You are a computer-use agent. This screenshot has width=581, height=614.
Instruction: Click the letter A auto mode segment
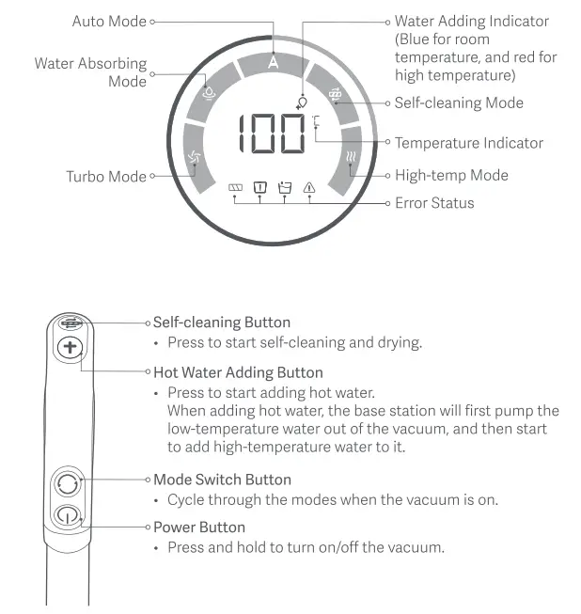pyautogui.click(x=273, y=63)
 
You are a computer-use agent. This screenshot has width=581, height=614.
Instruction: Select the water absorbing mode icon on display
pyautogui.click(x=210, y=94)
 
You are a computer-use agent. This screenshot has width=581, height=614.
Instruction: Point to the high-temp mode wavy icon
pyautogui.click(x=351, y=158)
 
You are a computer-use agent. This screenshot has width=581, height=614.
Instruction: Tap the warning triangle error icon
pyautogui.click(x=309, y=188)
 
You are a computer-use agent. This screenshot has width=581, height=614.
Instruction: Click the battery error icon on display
pyautogui.click(x=236, y=188)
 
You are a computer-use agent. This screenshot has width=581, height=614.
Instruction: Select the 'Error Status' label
pyautogui.click(x=434, y=202)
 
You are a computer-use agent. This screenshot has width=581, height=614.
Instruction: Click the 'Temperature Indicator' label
pyautogui.click(x=468, y=143)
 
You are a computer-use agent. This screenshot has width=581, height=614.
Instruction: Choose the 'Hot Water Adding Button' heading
pyautogui.click(x=238, y=372)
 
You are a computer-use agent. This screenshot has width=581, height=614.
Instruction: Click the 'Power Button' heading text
pyautogui.click(x=199, y=527)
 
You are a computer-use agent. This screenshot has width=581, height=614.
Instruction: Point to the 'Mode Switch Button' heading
pyautogui.click(x=222, y=480)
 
